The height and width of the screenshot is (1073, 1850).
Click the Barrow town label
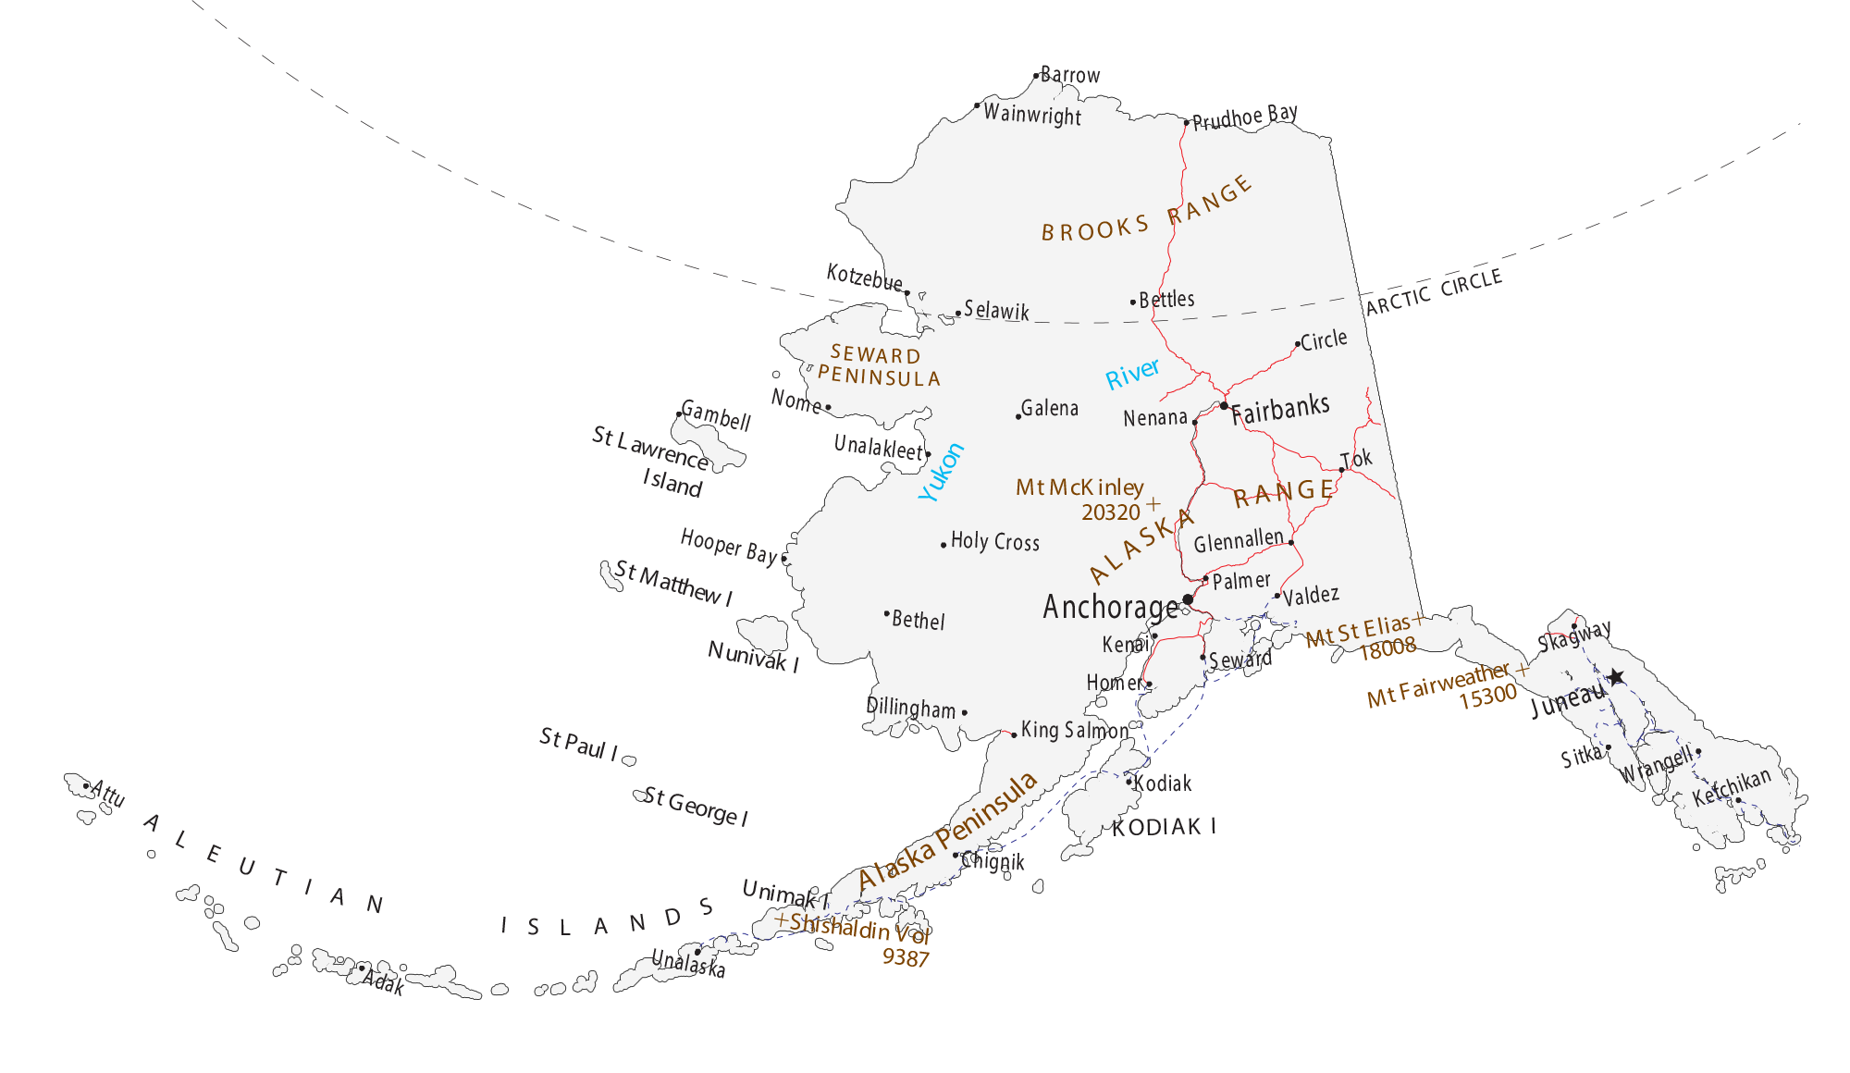[x=1070, y=75]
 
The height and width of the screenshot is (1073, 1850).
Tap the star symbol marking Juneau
[x=1615, y=677]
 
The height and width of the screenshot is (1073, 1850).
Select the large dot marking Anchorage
[x=1188, y=599]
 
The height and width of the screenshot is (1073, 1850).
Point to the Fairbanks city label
[x=1280, y=409]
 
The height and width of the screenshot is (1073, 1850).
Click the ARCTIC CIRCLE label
[x=1434, y=292]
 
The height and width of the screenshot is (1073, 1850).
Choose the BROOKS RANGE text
[x=1147, y=212]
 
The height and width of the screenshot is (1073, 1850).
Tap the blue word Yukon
[x=941, y=473]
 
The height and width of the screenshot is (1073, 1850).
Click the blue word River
[x=1132, y=374]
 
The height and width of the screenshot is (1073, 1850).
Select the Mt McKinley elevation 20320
[x=1110, y=512]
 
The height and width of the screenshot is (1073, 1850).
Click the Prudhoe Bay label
[x=1244, y=117]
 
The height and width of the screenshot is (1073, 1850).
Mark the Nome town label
[x=795, y=401]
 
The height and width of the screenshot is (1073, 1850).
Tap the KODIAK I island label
[x=1164, y=827]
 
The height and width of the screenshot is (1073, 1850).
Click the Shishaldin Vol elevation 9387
[x=905, y=958]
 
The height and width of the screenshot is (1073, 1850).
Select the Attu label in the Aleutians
[x=108, y=794]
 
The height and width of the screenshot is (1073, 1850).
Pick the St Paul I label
[x=579, y=745]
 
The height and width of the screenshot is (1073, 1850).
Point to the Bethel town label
[x=918, y=621]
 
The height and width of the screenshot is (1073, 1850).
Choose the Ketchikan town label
[x=1731, y=787]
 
